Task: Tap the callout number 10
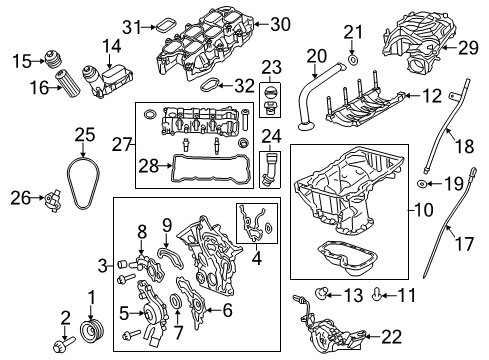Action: pyautogui.click(x=419, y=211)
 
